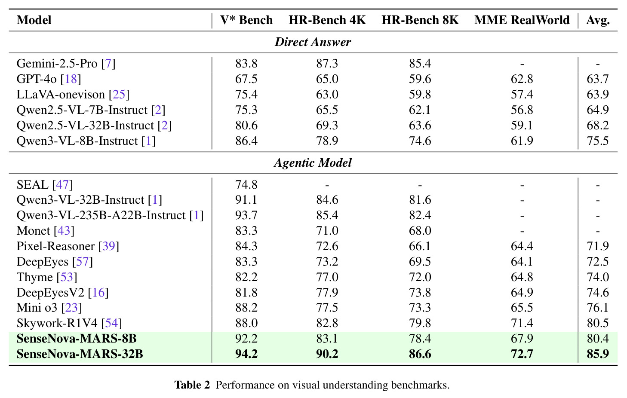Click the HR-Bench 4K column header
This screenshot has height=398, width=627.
click(x=327, y=20)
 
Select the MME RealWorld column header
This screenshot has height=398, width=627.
click(x=522, y=20)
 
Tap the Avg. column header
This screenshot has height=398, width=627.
click(x=598, y=21)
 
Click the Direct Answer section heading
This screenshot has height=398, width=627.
click(x=313, y=42)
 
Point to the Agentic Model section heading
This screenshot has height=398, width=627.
click(x=313, y=163)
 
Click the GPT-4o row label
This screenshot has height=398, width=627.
click(x=37, y=79)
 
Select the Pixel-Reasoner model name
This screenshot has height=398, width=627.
click(x=55, y=246)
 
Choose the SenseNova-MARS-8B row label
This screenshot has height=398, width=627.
click(x=77, y=338)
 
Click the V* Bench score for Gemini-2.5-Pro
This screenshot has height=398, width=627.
click(x=246, y=64)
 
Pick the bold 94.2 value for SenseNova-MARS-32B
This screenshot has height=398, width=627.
click(x=246, y=354)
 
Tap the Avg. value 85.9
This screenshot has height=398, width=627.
click(x=598, y=354)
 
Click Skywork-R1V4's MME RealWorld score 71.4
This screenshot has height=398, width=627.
click(x=522, y=323)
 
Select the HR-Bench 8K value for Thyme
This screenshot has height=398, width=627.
click(x=420, y=277)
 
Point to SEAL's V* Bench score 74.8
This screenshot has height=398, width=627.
click(x=246, y=184)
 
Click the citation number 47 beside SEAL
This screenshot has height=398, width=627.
click(x=62, y=184)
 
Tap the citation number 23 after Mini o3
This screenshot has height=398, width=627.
click(x=71, y=308)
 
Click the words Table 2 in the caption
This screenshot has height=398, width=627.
click(x=192, y=385)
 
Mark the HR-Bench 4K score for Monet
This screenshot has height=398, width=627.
click(x=327, y=231)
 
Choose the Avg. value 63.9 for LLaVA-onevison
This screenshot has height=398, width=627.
click(x=598, y=94)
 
